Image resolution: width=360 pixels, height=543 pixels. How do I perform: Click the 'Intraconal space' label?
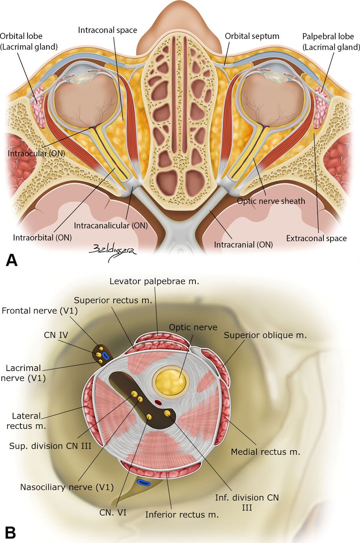pyautogui.click(x=107, y=30)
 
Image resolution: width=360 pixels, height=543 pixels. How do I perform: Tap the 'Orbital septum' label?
pyautogui.click(x=252, y=36)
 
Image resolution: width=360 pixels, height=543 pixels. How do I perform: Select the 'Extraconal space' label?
pyautogui.click(x=317, y=238)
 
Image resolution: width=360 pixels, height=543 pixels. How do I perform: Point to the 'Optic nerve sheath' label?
pyautogui.click(x=271, y=201)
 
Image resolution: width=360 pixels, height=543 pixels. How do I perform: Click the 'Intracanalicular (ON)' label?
pyautogui.click(x=111, y=226)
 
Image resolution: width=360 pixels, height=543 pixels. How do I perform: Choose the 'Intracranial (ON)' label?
pyautogui.click(x=243, y=245)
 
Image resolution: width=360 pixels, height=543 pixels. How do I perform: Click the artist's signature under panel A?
pyautogui.click(x=113, y=253)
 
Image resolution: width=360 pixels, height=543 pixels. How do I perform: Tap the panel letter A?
pyautogui.click(x=11, y=261)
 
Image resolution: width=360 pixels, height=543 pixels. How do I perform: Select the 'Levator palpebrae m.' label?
pyautogui.click(x=154, y=281)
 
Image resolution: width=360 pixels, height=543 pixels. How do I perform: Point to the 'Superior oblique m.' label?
pyautogui.click(x=265, y=335)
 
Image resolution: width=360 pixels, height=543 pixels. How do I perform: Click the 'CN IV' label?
pyautogui.click(x=56, y=335)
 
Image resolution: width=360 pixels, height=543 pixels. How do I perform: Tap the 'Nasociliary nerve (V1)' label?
pyautogui.click(x=67, y=487)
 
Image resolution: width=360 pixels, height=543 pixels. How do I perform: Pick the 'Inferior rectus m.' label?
pyautogui.click(x=182, y=514)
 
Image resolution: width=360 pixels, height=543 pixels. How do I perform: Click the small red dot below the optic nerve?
pyautogui.click(x=158, y=403)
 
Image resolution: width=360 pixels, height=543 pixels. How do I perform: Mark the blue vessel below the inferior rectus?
pyautogui.click(x=144, y=483)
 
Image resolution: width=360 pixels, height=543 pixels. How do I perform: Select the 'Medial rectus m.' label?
pyautogui.click(x=265, y=452)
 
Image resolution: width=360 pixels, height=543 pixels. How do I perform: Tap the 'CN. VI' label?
pyautogui.click(x=113, y=512)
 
